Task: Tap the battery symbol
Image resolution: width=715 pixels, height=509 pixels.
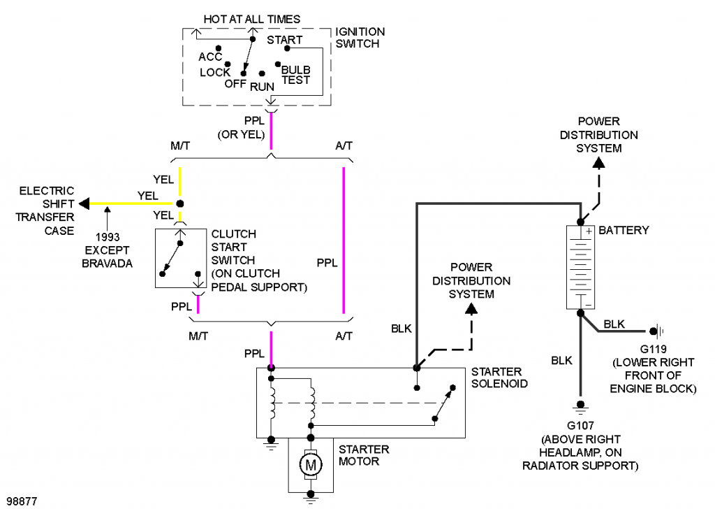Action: [x=580, y=267]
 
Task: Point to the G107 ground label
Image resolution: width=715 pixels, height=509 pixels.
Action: [x=579, y=426]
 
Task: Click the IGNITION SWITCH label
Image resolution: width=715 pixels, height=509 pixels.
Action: [x=360, y=38]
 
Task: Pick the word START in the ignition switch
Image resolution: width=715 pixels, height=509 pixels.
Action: [x=284, y=40]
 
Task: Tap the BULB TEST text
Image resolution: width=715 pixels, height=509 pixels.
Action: [x=295, y=76]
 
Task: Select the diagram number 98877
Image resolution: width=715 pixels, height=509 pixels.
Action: [x=21, y=501]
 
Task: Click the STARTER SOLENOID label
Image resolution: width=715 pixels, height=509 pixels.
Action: [x=499, y=377]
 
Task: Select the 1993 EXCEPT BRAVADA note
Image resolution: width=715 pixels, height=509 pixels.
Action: [x=107, y=250]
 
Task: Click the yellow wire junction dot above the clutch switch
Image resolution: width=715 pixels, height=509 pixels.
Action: [x=179, y=203]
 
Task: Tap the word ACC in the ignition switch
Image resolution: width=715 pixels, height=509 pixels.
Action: [x=209, y=57]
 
